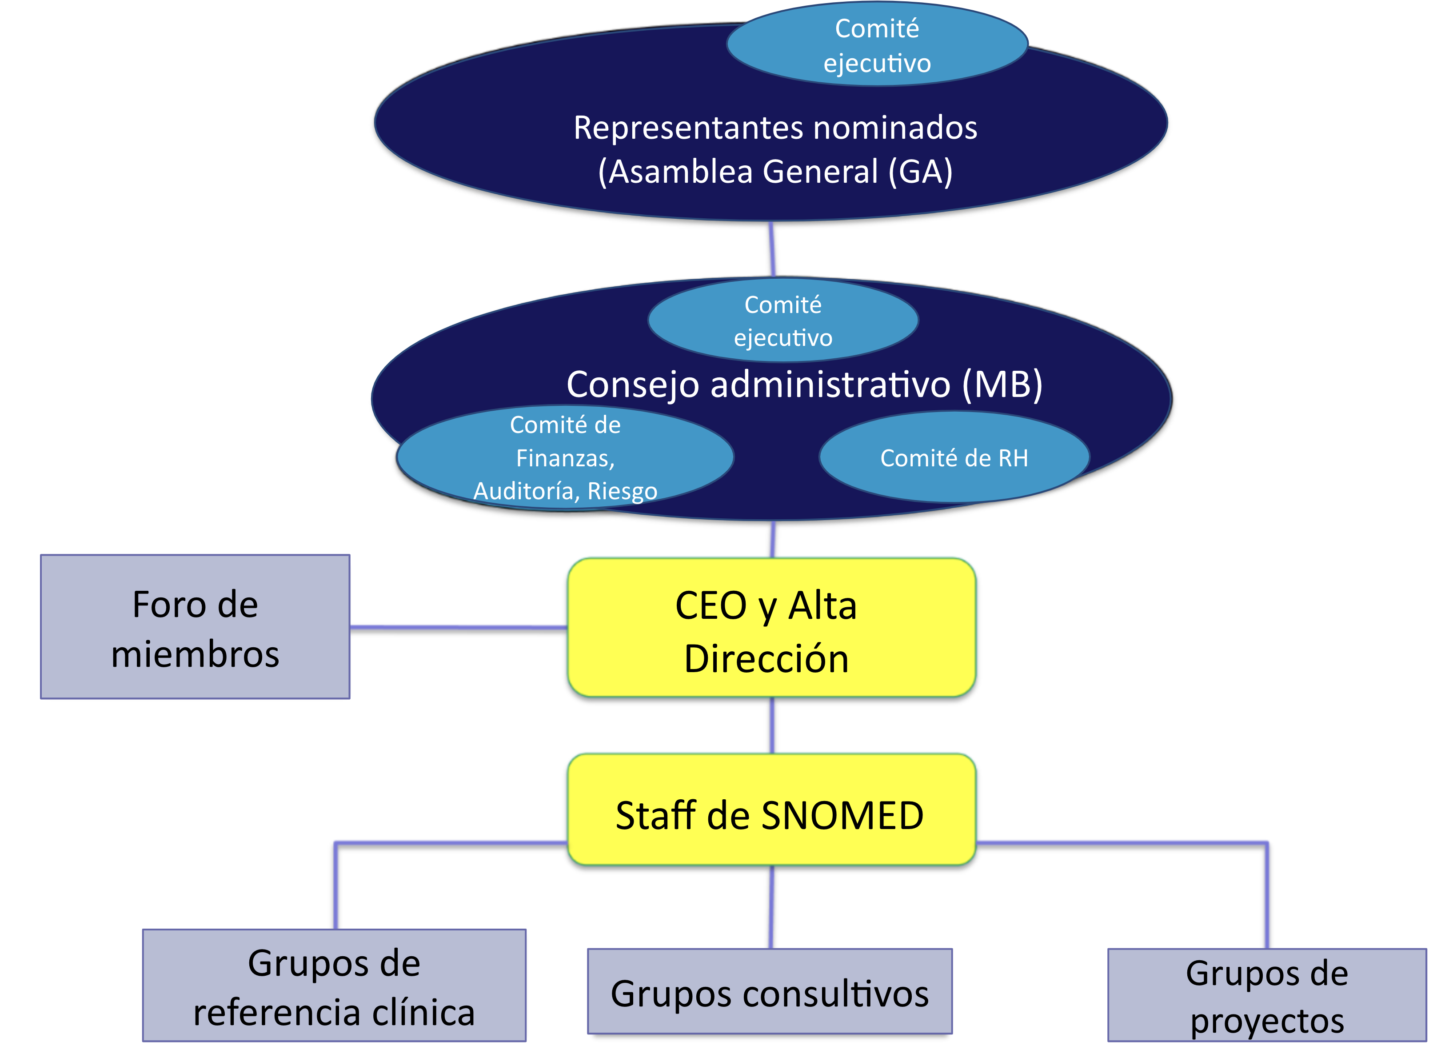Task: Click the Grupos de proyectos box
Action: click(1266, 995)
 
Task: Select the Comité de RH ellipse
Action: click(954, 457)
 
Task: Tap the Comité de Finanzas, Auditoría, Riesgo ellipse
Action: click(565, 457)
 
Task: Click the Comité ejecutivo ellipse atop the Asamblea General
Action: click(877, 45)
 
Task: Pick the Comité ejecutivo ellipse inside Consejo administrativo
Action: click(783, 321)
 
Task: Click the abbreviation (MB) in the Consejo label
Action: click(1002, 385)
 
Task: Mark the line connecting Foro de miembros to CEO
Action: click(458, 627)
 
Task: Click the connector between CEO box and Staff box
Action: click(772, 725)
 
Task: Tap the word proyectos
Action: click(1266, 1020)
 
